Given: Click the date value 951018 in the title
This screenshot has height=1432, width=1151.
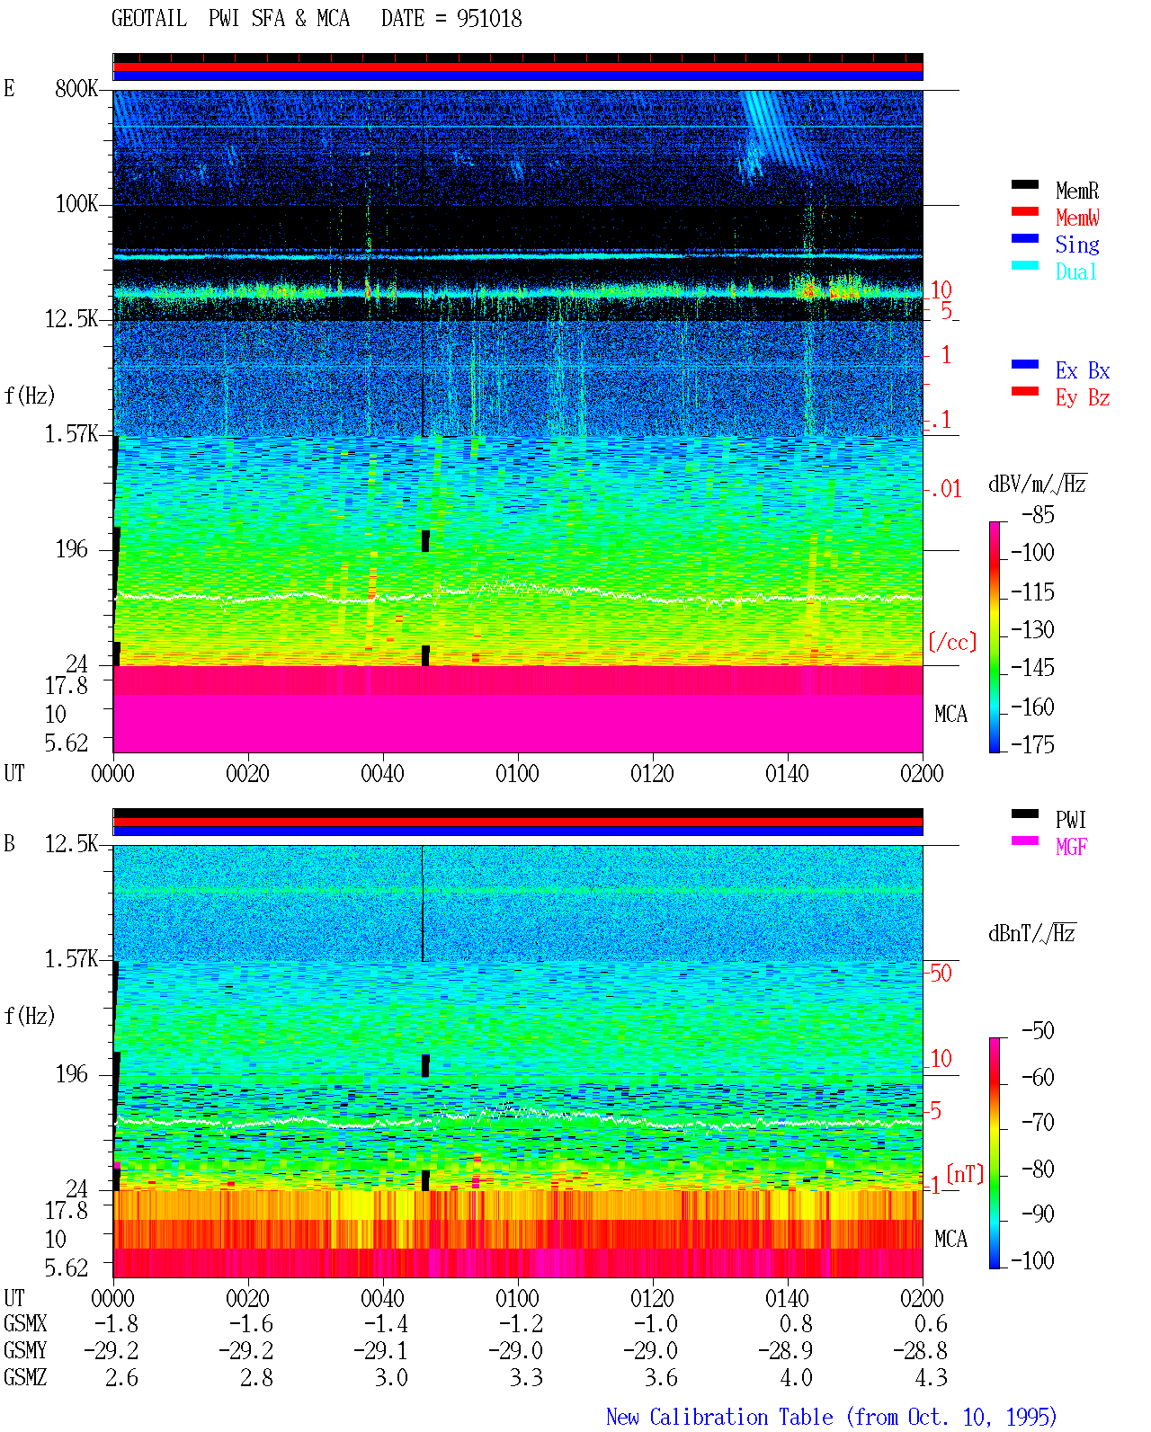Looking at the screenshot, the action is tap(488, 19).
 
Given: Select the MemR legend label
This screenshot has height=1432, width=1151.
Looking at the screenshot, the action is tap(1076, 191).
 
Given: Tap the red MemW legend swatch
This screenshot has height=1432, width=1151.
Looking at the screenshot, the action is tap(1024, 211).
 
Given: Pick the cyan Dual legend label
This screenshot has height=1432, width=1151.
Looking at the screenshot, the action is tap(1076, 271).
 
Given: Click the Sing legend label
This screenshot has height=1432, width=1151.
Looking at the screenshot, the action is tap(1076, 245).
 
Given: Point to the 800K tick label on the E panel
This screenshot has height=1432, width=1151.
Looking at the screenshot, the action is tap(76, 88).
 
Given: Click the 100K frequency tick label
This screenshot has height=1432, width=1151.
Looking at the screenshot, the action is tap(76, 204).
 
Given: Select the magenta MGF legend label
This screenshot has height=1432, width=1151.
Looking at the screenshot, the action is tap(1071, 847).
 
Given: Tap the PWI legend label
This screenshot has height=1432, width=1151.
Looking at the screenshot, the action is tap(1071, 820).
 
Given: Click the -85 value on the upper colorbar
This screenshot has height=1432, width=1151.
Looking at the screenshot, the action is tap(1038, 514).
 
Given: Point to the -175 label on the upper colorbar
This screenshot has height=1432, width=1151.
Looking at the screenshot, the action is tap(1032, 744).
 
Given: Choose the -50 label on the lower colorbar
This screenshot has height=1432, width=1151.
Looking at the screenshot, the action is tap(1038, 1031).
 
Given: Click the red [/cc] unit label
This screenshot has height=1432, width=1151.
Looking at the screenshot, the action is tap(952, 642).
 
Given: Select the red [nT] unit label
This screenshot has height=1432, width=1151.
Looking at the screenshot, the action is tap(965, 1174).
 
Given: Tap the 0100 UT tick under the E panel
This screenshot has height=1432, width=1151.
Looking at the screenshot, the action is tap(517, 773).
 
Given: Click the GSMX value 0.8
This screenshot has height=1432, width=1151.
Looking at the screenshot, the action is tap(797, 1323).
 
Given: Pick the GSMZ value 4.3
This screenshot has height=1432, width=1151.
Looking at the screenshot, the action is tap(931, 1377).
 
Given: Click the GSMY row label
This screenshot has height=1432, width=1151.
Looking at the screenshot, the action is tap(25, 1350).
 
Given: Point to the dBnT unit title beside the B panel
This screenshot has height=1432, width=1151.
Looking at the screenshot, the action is tap(1031, 933).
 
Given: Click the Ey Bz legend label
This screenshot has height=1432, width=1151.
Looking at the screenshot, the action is tap(1083, 398).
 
